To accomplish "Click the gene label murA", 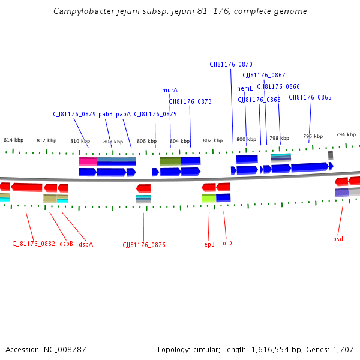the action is pyautogui.click(x=170, y=90).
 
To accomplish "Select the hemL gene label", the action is pyautogui.click(x=245, y=89).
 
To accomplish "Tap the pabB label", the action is pyautogui.click(x=106, y=114).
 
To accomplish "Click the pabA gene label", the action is pyautogui.click(x=124, y=114).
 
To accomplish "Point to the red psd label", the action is pyautogui.click(x=338, y=239).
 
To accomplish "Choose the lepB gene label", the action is pyautogui.click(x=208, y=244).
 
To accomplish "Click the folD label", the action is pyautogui.click(x=226, y=244).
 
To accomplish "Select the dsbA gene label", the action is pyautogui.click(x=86, y=244).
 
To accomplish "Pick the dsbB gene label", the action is pyautogui.click(x=66, y=244).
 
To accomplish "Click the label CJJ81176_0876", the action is pyautogui.click(x=144, y=245).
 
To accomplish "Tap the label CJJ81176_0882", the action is pyautogui.click(x=34, y=244).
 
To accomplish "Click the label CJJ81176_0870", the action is pyautogui.click(x=231, y=64).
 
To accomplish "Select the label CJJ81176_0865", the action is pyautogui.click(x=310, y=97).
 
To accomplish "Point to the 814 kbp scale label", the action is pyautogui.click(x=13, y=140).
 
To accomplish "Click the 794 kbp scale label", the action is pyautogui.click(x=346, y=134).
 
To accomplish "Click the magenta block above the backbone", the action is pyautogui.click(x=88, y=161).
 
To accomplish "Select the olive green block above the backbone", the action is pyautogui.click(x=170, y=161).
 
